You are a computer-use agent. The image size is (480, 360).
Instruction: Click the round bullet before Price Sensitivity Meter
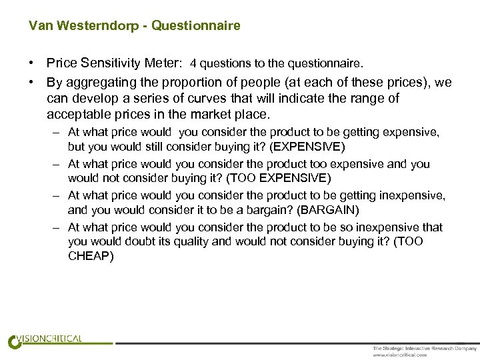click(x=31, y=64)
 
